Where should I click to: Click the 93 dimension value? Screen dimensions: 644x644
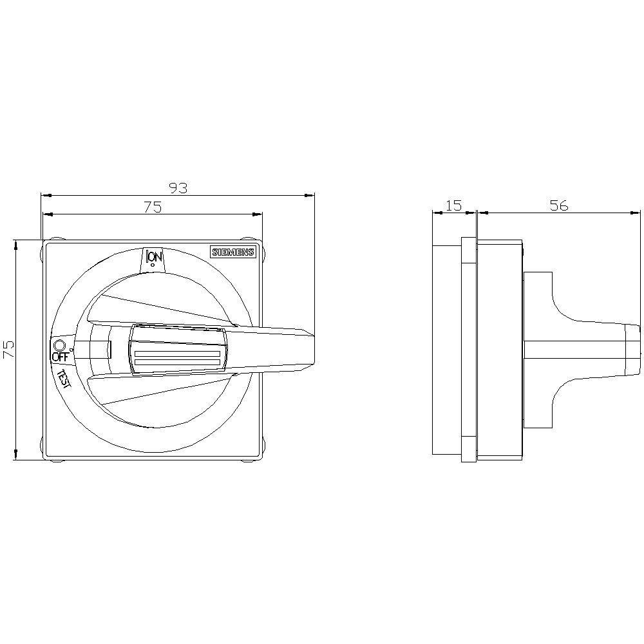178,188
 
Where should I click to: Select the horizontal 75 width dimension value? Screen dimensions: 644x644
152,207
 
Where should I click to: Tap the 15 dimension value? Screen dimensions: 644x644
454,205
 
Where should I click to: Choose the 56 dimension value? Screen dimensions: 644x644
559,205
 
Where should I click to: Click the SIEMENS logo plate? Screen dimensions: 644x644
233,252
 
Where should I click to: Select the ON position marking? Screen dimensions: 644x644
154,257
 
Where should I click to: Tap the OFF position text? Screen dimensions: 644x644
60,357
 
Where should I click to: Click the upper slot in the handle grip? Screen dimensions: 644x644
177,354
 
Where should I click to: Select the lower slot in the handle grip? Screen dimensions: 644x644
177,365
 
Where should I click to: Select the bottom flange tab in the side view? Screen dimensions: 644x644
469,450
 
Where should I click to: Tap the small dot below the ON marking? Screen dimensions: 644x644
152,265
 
